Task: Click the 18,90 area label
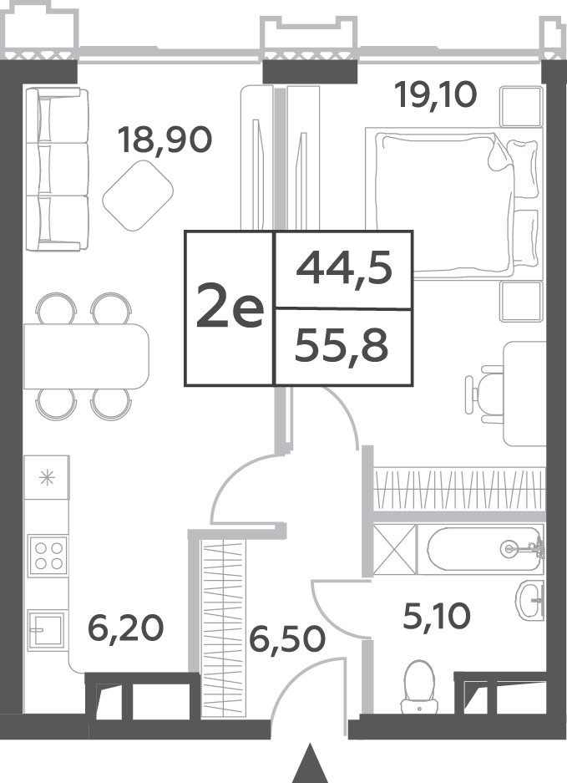(x=165, y=140)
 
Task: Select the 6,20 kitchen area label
(x=125, y=628)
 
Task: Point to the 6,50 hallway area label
(x=287, y=639)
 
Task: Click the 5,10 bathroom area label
(x=436, y=616)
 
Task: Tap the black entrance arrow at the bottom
(x=311, y=764)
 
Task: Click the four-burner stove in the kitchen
(x=48, y=556)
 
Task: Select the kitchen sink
(x=47, y=630)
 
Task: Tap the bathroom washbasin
(x=531, y=600)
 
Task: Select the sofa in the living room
(x=57, y=170)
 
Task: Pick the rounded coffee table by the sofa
(x=138, y=196)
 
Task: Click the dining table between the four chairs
(x=86, y=356)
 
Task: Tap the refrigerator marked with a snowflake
(x=47, y=477)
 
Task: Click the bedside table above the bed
(x=522, y=106)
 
